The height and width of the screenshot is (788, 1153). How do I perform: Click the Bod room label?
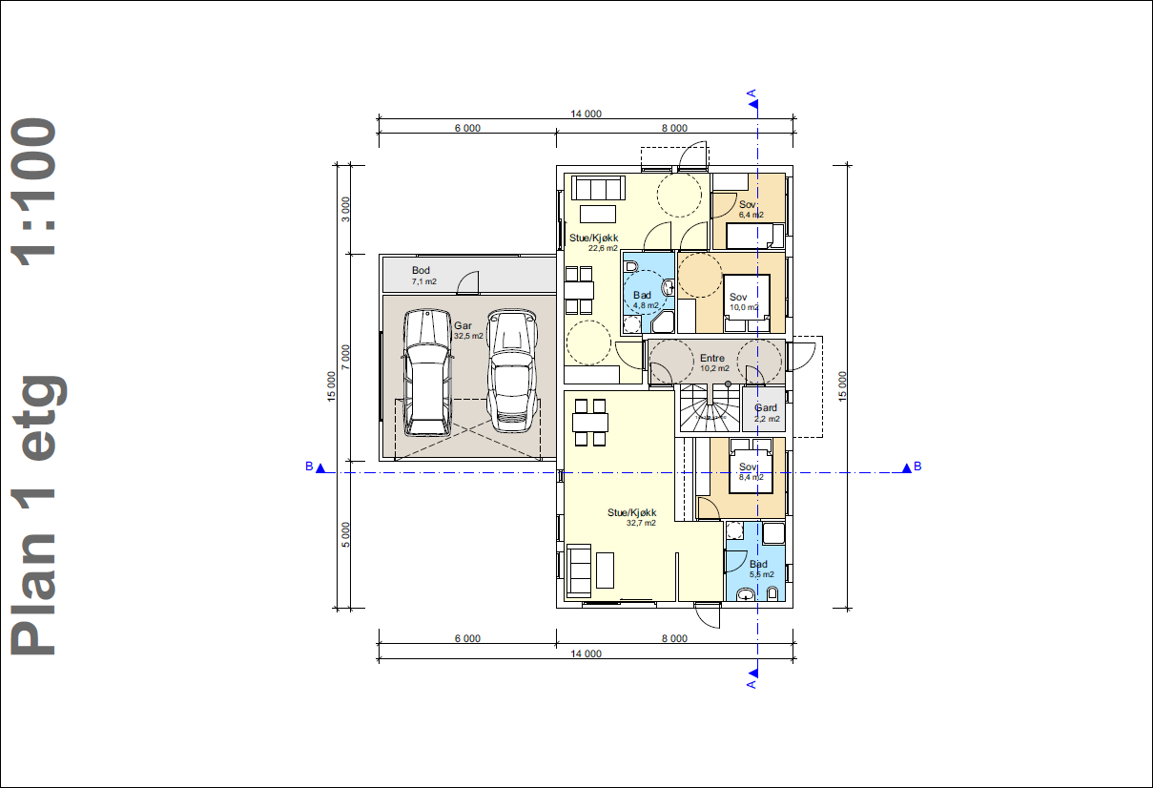(421, 270)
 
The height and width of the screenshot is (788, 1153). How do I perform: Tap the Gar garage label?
(463, 325)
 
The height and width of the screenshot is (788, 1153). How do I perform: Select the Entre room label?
(712, 358)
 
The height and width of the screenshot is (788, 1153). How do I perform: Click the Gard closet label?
(766, 408)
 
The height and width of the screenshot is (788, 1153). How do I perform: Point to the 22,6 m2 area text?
(603, 248)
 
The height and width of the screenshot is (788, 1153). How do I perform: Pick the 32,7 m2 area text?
(641, 524)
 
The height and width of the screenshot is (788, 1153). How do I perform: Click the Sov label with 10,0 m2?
(738, 298)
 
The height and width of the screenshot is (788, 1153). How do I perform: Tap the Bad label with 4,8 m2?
(642, 295)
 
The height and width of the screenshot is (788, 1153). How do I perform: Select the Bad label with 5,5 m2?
(758, 564)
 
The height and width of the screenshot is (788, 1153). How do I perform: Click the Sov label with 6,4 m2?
(748, 205)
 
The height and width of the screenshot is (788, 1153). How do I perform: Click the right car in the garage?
(512, 371)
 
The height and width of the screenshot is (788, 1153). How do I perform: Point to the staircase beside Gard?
(710, 408)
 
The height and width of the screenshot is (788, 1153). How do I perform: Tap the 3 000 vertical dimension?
(346, 209)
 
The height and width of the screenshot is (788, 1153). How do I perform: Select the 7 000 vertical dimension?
(346, 357)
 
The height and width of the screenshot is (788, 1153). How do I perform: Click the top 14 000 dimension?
(586, 114)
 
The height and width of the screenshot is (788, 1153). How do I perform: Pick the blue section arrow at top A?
(753, 105)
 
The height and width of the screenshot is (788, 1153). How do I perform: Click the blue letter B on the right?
(917, 467)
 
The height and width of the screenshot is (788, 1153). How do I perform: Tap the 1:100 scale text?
(33, 192)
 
